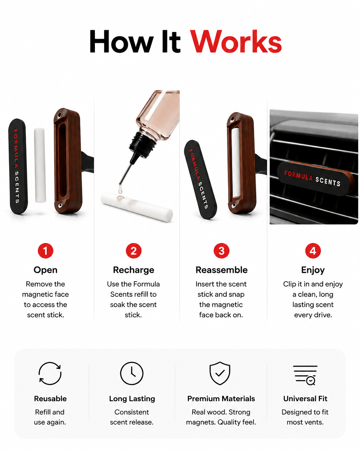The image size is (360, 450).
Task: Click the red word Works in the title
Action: pyautogui.click(x=236, y=41)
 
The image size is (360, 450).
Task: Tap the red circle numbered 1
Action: pyautogui.click(x=45, y=251)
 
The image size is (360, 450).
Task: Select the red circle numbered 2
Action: pyautogui.click(x=134, y=251)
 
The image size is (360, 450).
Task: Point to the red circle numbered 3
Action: pyautogui.click(x=221, y=251)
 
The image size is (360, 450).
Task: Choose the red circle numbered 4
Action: pyautogui.click(x=313, y=251)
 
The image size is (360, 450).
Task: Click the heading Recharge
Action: pyautogui.click(x=134, y=270)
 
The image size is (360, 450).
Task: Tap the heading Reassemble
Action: pyautogui.click(x=221, y=270)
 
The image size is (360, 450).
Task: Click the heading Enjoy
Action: pyautogui.click(x=313, y=270)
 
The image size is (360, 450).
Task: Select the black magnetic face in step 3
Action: pyautogui.click(x=200, y=179)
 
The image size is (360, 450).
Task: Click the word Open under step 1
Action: pyautogui.click(x=45, y=270)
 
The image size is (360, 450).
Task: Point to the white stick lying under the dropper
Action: pyautogui.click(x=137, y=207)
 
